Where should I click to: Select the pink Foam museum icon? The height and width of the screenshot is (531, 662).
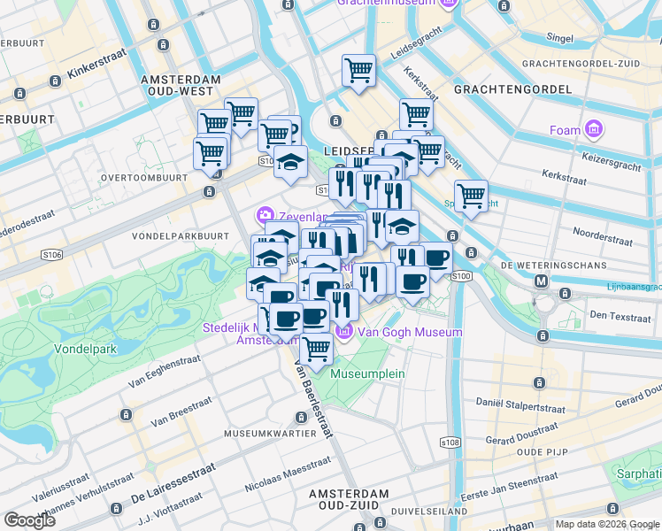tap(593, 130)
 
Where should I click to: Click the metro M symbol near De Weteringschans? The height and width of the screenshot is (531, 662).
tap(543, 281)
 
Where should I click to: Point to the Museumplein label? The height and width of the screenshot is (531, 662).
tap(367, 373)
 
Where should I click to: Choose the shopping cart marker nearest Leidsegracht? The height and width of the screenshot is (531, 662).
tap(358, 70)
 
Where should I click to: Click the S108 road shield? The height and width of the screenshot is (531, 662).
tap(450, 442)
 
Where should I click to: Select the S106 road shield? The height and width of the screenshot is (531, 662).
tap(51, 255)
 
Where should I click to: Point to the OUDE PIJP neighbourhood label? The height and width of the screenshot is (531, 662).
tap(542, 451)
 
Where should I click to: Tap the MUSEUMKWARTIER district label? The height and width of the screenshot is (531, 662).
tap(271, 434)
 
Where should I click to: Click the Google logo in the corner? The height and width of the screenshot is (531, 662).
tap(29, 519)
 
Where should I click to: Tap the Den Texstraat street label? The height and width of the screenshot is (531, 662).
tap(620, 315)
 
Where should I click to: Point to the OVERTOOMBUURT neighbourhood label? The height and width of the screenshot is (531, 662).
tap(143, 177)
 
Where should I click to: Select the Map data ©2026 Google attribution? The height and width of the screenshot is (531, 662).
tap(606, 524)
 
